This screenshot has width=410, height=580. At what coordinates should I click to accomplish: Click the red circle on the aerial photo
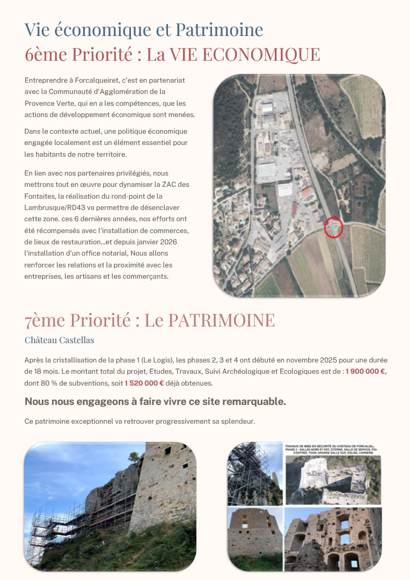coord(334,227)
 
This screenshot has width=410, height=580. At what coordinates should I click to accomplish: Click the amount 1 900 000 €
coord(366,371)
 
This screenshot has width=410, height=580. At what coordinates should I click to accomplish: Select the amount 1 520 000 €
coord(144,383)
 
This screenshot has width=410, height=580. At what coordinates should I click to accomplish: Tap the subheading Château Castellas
coord(60,340)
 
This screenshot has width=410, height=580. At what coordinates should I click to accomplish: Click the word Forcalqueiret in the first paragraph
coord(86,80)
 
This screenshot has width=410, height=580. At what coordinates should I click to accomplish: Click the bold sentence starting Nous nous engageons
coord(155,402)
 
